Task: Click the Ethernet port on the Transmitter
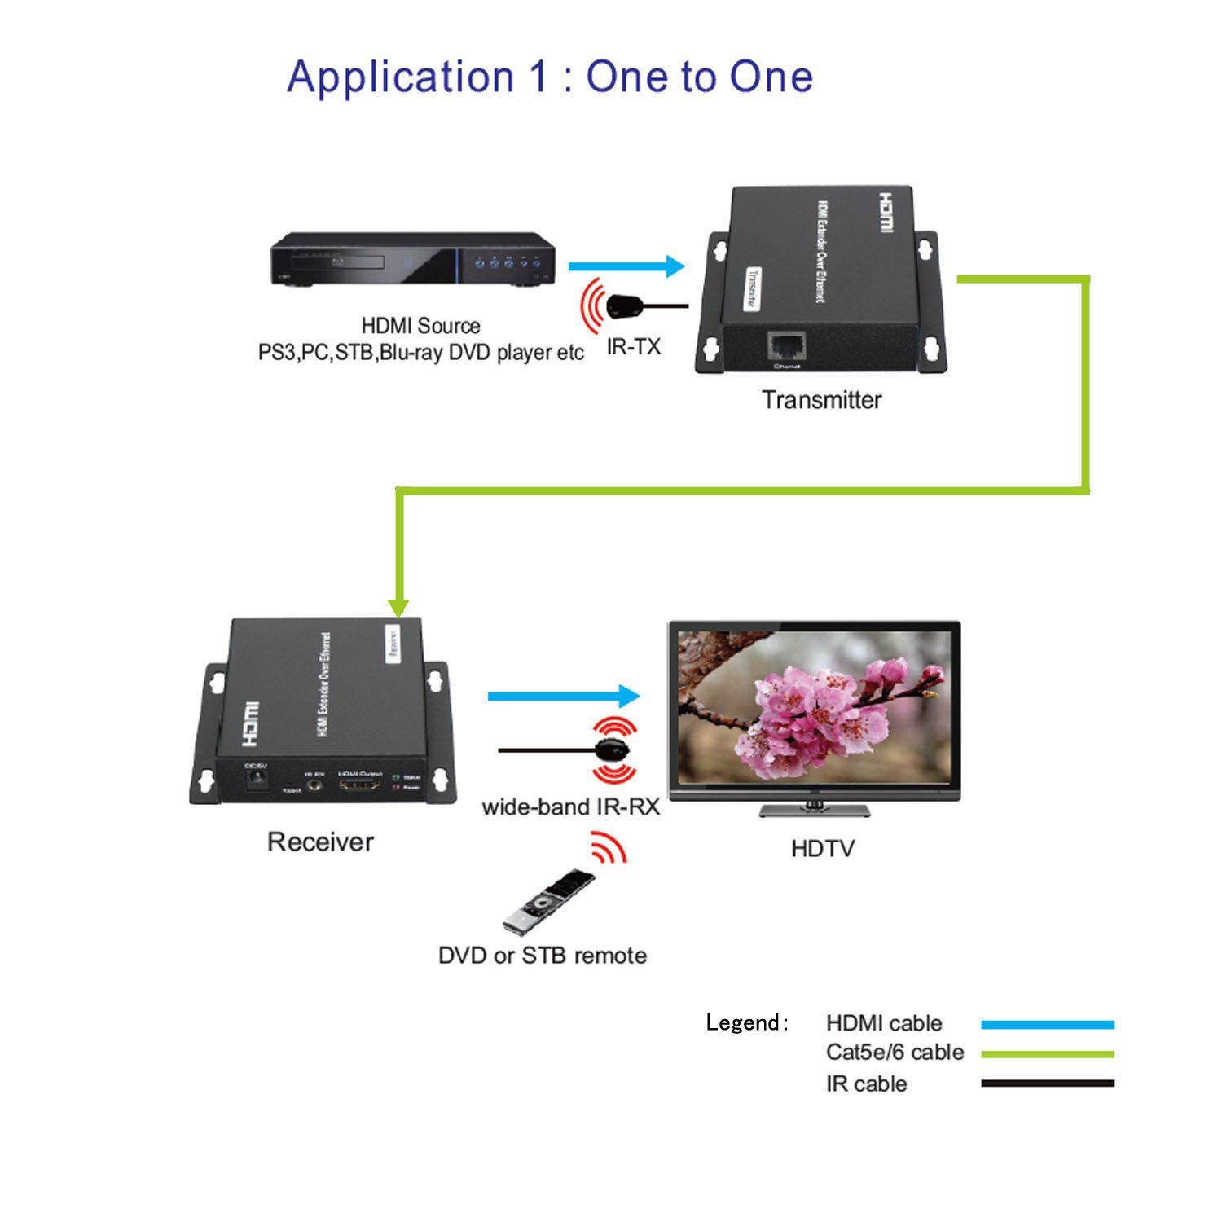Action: [x=786, y=345]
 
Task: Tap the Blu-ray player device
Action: [x=411, y=260]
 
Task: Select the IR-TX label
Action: [x=633, y=347]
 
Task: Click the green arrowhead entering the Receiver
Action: [x=398, y=606]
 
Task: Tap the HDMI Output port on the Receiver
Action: [x=359, y=786]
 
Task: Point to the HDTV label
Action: [x=822, y=849]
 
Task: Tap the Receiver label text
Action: [x=320, y=842]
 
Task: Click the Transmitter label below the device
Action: [x=821, y=400]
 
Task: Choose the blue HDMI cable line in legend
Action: [x=1047, y=1025]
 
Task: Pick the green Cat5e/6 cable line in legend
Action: [x=1047, y=1054]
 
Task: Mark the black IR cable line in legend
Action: [x=1047, y=1084]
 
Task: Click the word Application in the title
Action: [x=400, y=78]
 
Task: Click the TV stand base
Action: [x=815, y=811]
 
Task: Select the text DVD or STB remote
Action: [x=543, y=956]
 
